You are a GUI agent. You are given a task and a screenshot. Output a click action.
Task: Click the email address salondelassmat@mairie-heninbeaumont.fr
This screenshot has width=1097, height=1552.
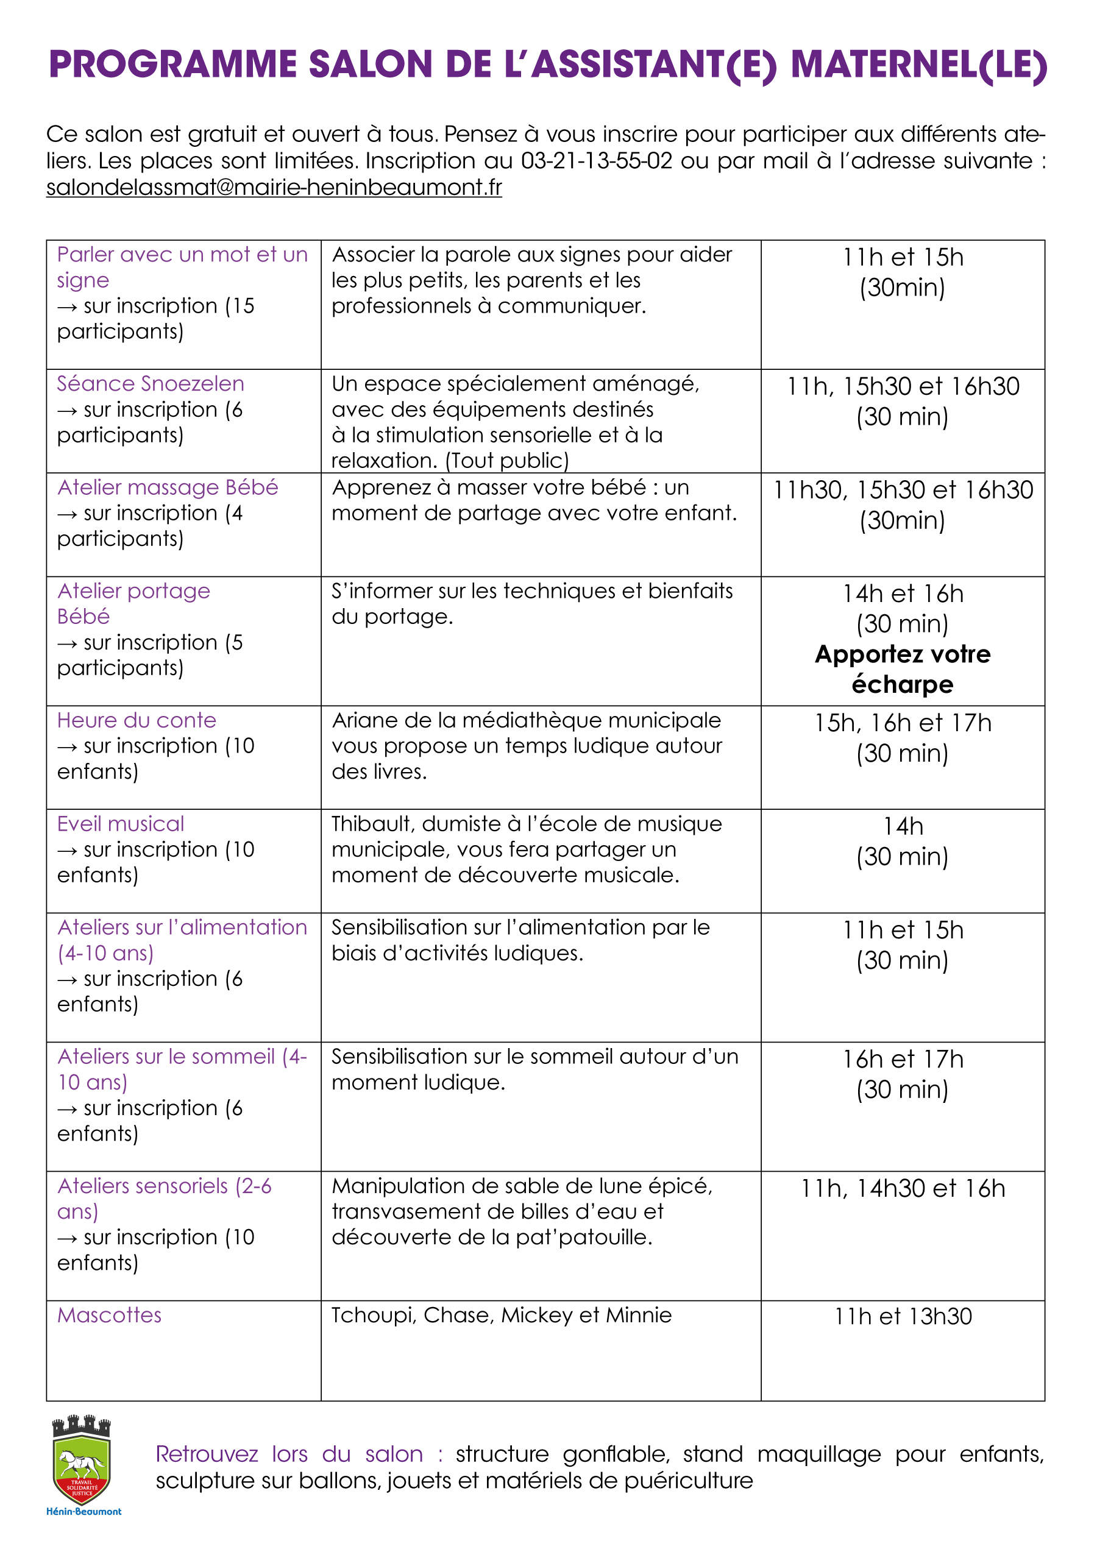point(274,187)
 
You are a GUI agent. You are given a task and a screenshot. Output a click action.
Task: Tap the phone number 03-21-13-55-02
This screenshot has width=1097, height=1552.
point(596,161)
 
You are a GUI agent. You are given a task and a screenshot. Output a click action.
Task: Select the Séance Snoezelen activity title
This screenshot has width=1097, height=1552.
point(150,384)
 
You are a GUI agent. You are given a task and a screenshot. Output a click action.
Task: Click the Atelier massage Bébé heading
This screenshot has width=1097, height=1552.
point(168,487)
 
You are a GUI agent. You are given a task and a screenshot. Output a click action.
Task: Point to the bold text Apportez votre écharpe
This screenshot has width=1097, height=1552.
point(903,669)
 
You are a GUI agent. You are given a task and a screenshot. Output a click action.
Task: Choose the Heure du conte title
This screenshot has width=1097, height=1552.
point(137,721)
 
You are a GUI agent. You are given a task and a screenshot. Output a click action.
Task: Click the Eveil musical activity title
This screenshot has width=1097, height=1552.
point(120,824)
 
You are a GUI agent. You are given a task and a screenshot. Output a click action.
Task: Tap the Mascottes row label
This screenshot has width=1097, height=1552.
point(110,1315)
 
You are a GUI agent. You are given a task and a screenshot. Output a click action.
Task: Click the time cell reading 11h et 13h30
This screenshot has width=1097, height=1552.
point(903,1316)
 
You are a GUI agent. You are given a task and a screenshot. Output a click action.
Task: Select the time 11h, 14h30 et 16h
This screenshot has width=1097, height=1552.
point(903,1188)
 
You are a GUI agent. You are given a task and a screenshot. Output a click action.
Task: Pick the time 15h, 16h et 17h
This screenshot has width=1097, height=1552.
point(903,723)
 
